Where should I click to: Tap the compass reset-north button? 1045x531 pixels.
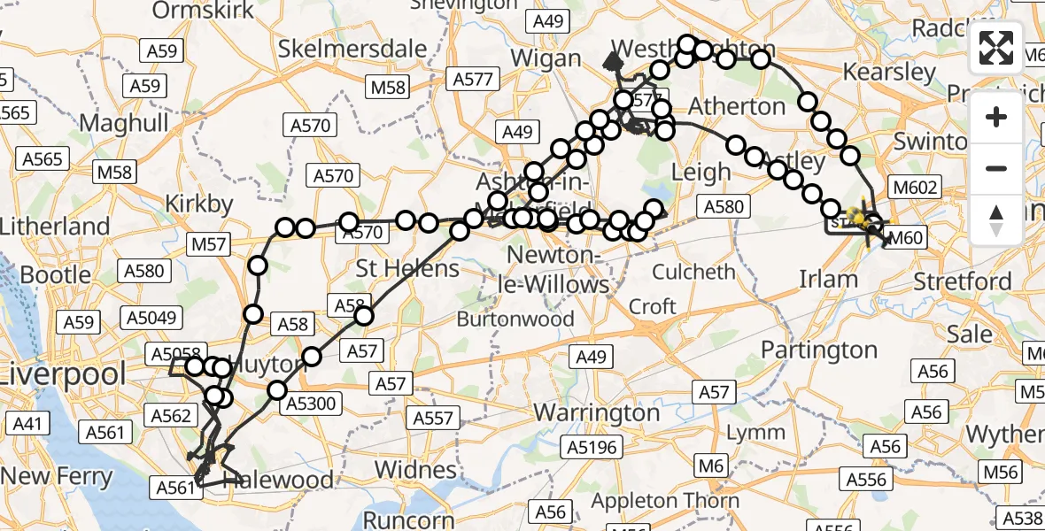[996, 220]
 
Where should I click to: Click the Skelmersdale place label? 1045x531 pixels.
[352, 49]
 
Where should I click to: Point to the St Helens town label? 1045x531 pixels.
[407, 267]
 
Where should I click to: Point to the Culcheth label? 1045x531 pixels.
[695, 271]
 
